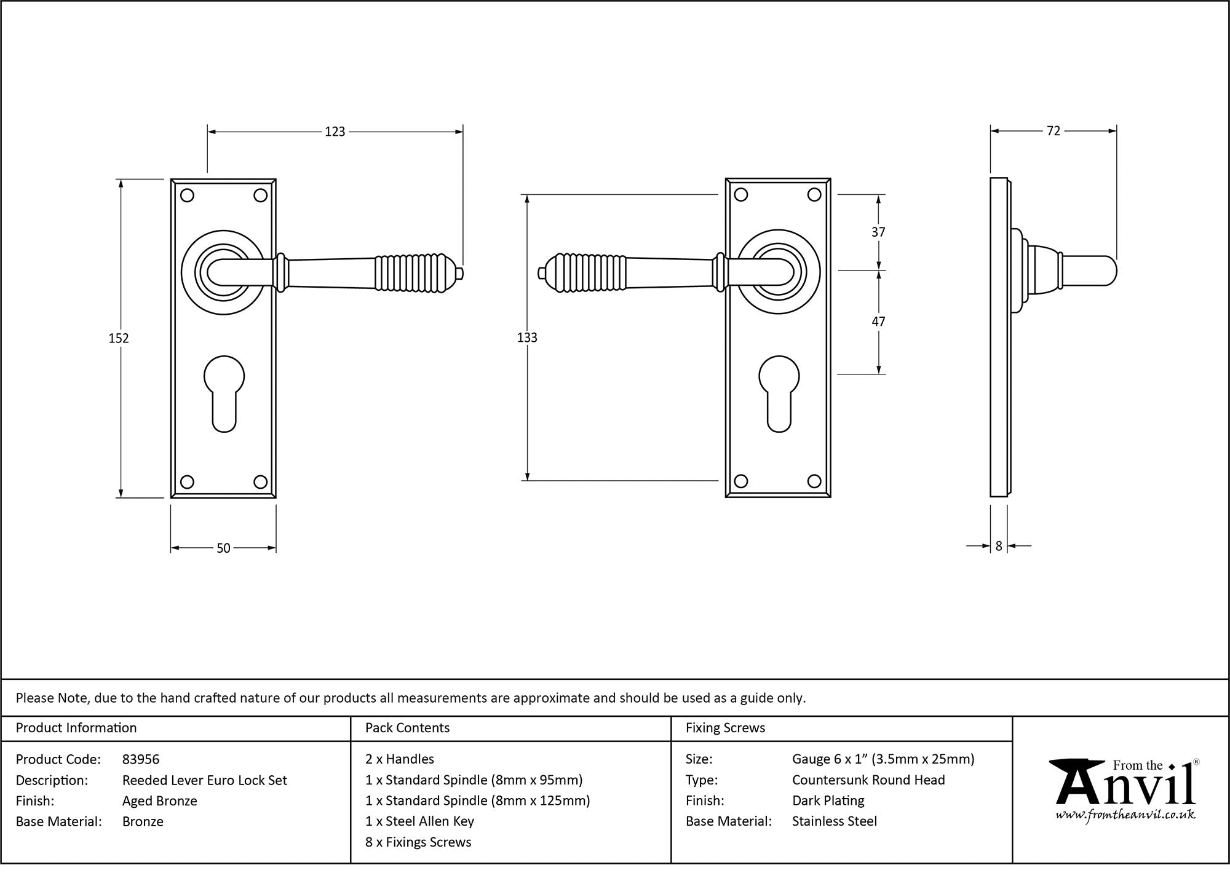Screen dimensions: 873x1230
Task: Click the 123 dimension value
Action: [335, 132]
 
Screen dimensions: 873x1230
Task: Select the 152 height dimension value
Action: [119, 338]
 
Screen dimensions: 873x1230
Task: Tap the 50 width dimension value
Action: [223, 548]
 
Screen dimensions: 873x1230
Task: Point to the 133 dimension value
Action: [527, 338]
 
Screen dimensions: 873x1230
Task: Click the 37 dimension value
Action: [878, 232]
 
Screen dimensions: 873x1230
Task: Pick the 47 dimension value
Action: [878, 322]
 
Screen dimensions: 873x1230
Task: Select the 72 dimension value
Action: [1053, 131]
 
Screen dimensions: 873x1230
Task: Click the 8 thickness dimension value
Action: [999, 546]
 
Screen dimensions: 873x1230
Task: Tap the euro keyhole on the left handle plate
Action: [223, 393]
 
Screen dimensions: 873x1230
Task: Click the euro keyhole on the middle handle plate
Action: [779, 393]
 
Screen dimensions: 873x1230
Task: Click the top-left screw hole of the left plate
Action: [188, 196]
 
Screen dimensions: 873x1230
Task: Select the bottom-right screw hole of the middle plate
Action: [814, 481]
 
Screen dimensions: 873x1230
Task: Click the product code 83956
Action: [141, 759]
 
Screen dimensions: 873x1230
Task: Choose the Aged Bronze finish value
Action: [160, 800]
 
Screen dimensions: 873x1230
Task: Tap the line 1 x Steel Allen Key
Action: [419, 821]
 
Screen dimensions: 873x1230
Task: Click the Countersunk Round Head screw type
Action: [868, 780]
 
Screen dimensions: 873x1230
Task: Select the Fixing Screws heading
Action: [725, 728]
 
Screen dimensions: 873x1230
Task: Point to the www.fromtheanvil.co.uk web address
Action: [1125, 816]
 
